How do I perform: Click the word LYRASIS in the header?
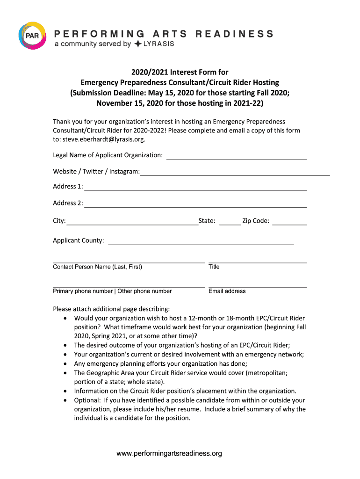point(158,44)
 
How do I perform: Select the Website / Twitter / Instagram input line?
point(235,174)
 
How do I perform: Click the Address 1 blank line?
point(195,189)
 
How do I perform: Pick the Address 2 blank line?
point(195,206)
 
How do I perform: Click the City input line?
point(132,224)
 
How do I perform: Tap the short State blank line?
point(230,224)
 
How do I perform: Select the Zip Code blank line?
point(289,224)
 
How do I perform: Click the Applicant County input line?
point(201,244)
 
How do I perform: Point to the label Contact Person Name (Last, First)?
point(98,267)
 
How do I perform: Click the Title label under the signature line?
point(214,267)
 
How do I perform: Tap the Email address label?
point(227,291)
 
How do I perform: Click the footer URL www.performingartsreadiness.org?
point(169,453)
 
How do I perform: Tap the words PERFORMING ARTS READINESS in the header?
point(164,34)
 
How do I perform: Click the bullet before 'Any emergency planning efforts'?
point(65,364)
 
